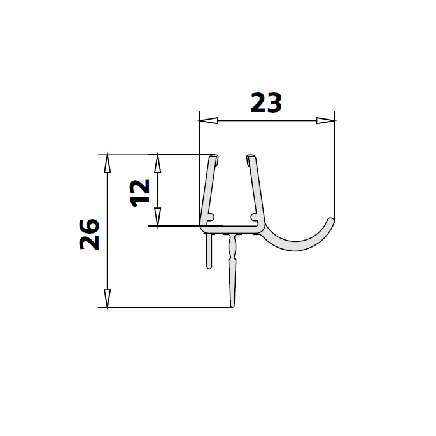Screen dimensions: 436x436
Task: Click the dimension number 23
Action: [266, 102]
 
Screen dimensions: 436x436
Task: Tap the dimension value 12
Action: [139, 191]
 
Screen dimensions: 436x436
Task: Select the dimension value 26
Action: [89, 234]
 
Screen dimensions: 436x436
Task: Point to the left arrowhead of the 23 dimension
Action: [207, 120]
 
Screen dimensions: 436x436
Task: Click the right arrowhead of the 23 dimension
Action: [326, 120]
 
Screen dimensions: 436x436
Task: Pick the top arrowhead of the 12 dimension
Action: [158, 162]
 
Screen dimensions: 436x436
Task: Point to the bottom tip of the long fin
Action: [232, 305]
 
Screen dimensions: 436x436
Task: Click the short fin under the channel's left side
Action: [208, 251]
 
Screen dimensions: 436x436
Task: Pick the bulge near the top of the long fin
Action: [232, 244]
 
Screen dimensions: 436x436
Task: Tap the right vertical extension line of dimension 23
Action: [335, 165]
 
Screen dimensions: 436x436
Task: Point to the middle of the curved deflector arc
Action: [293, 245]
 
